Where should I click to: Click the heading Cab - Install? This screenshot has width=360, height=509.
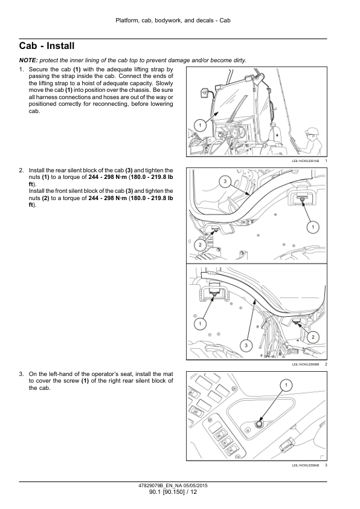(47, 46)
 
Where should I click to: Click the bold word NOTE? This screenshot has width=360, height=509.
(28, 60)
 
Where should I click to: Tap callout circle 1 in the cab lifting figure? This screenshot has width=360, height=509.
(200, 125)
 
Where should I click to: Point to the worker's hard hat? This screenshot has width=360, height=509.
(312, 130)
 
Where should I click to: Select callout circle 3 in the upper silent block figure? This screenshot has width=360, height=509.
(225, 181)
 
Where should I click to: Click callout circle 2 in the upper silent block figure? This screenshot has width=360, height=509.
(200, 245)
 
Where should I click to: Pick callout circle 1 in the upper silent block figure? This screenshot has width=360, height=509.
(313, 227)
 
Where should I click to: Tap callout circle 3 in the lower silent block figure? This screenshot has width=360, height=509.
(246, 345)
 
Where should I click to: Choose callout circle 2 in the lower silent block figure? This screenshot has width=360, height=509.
(313, 337)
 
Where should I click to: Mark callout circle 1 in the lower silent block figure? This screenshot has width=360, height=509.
(200, 323)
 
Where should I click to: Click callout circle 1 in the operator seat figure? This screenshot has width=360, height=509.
(286, 385)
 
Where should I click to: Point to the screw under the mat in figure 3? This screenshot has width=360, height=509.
(259, 424)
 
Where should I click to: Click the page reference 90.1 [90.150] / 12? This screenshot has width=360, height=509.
(173, 492)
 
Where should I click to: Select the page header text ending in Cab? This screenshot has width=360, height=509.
(173, 21)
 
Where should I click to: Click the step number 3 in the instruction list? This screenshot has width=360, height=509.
(21, 374)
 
